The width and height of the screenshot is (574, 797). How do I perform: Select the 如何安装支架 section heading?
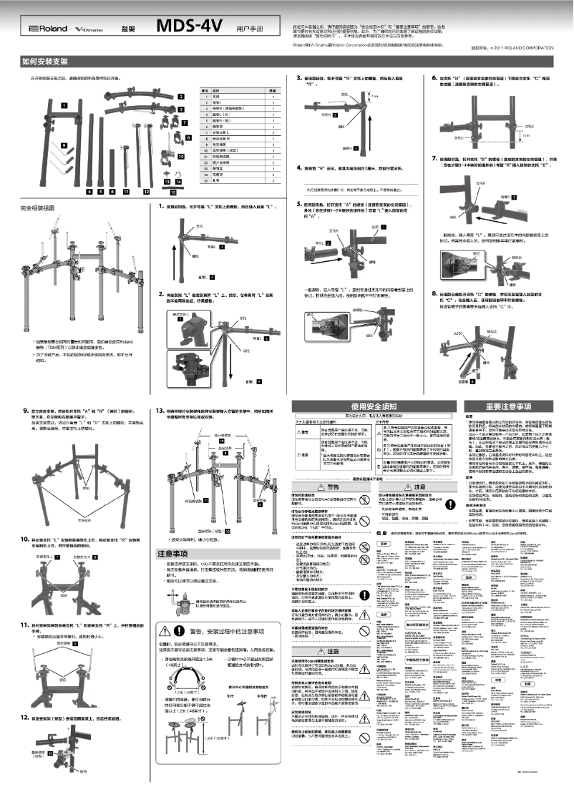coord(44,62)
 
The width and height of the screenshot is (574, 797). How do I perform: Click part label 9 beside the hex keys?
coord(64,145)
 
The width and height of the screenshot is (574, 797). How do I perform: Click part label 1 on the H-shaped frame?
coord(64,104)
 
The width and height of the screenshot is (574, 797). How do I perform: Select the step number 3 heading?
coord(299,77)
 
